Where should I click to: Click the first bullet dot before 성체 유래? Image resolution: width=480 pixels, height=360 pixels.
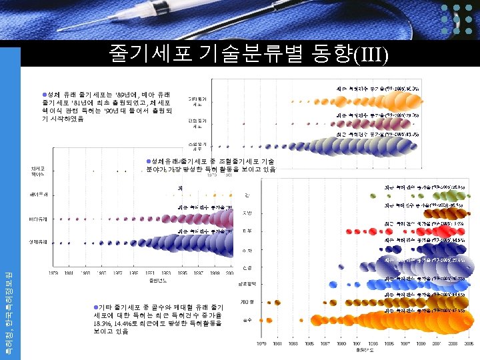(x=45, y=94)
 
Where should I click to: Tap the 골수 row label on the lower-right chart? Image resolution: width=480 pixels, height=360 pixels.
(x=247, y=321)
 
